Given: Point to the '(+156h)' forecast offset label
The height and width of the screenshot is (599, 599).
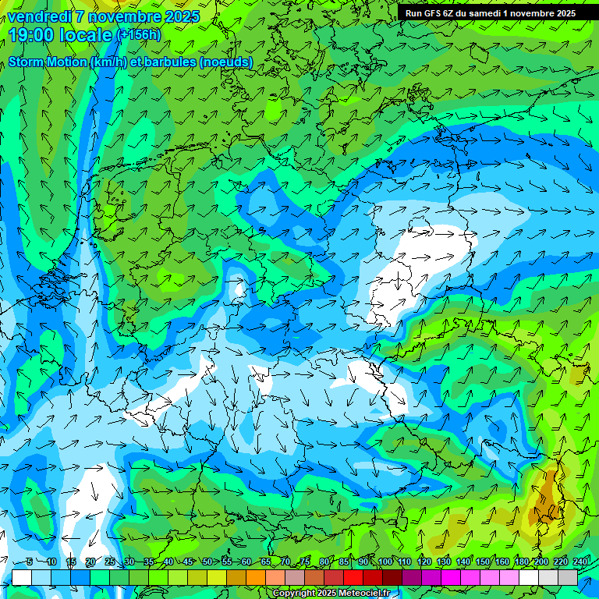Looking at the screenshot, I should coord(138,34).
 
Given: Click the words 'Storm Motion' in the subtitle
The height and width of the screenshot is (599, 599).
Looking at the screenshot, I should coord(48,62).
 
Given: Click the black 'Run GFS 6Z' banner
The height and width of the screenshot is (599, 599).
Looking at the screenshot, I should coord(490,12).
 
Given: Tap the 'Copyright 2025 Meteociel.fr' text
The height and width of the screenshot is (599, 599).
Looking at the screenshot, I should coord(331,593).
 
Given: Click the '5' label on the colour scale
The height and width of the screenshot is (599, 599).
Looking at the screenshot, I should coord(29,562).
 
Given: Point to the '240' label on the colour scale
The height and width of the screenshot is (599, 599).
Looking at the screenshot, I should coord(580,562).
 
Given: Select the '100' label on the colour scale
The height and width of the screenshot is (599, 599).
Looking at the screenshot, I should coord(385,562).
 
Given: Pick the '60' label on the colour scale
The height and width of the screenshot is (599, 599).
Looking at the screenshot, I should coord(246,562).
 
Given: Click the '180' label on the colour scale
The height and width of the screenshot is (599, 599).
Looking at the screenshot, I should coord(522,562).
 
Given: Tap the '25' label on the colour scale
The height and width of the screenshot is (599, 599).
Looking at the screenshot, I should coord(109,562).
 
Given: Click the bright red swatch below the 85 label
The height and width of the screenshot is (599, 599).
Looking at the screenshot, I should coord(353,577).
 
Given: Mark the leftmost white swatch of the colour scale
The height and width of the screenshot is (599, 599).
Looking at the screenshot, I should coord(22,577).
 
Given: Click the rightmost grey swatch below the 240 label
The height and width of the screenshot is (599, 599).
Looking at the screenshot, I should coord(568,577).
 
